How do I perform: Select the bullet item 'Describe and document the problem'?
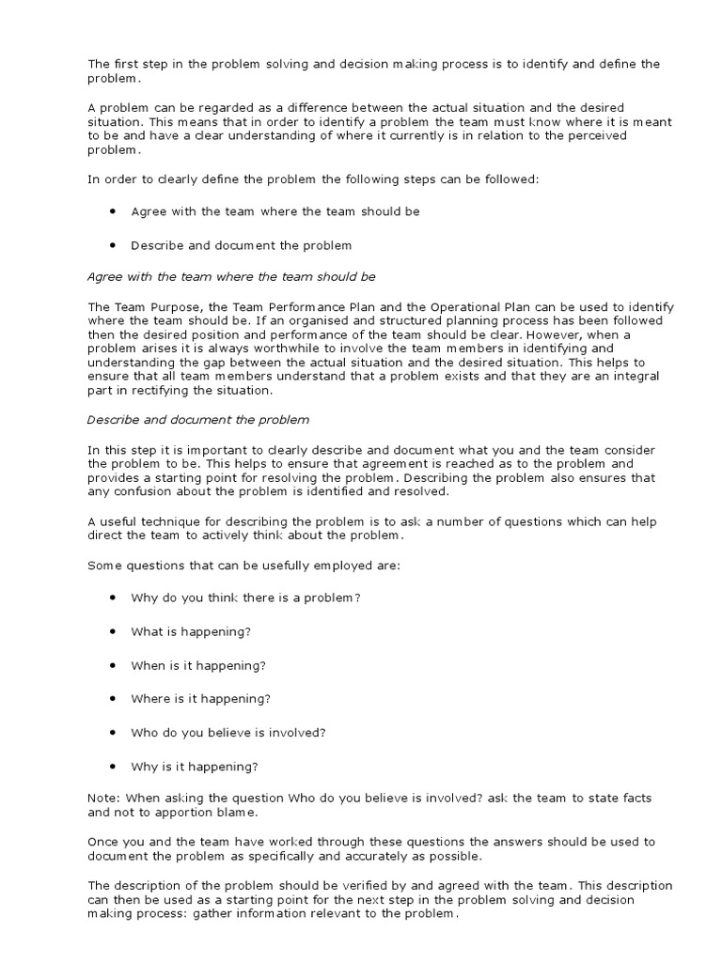point(241,245)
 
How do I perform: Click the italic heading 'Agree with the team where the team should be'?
point(231,277)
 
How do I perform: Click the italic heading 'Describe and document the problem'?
point(198,420)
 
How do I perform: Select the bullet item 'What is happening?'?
point(191,631)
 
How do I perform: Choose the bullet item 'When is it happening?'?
point(198,665)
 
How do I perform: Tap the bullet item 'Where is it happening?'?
point(201,698)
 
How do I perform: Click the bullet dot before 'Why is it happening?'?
point(112,765)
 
